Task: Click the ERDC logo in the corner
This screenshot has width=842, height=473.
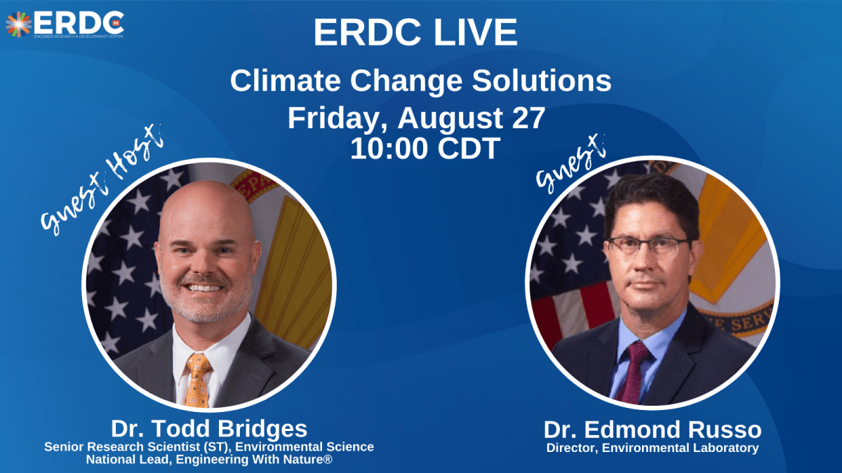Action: pos(65,25)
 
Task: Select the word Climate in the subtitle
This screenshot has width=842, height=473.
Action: pos(286,81)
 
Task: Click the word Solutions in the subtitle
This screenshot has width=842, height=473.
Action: pos(542,81)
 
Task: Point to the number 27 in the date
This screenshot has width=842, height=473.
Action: pos(528,118)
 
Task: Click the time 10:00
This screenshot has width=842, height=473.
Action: pos(389,149)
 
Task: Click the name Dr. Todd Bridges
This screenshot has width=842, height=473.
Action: pos(209,429)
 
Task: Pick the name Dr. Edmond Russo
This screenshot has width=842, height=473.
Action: pos(653,430)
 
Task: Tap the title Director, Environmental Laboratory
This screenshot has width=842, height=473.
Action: pos(653,448)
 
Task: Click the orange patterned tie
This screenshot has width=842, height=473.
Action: pos(197,380)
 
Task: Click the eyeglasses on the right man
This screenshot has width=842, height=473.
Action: pos(649,247)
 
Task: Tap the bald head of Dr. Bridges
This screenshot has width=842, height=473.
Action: pos(206,210)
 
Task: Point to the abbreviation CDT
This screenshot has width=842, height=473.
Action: pos(469,149)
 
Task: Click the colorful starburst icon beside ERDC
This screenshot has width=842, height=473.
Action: pos(18,25)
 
